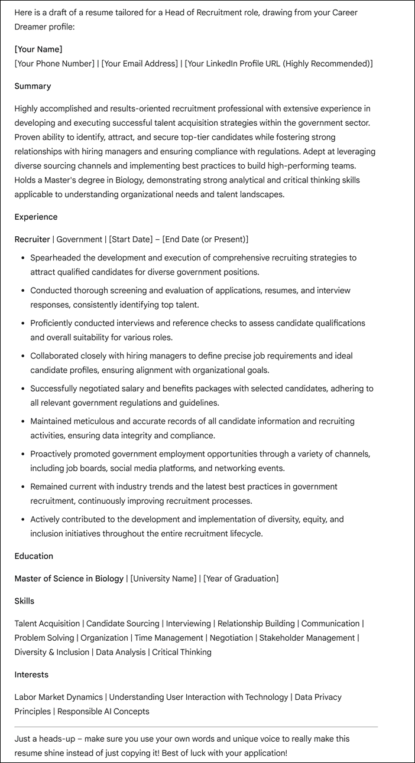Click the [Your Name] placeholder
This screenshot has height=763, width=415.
click(38, 49)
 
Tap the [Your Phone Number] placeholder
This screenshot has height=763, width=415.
click(54, 63)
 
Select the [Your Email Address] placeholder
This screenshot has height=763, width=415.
click(140, 63)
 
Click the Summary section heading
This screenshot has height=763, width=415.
click(33, 86)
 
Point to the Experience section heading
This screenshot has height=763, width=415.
click(36, 217)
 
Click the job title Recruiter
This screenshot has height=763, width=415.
click(32, 239)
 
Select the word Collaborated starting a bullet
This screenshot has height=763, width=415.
click(57, 356)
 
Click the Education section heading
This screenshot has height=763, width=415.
click(34, 556)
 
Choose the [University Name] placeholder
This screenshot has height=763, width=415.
click(163, 578)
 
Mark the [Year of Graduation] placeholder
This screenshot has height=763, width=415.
click(241, 578)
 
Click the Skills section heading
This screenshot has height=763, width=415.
click(24, 601)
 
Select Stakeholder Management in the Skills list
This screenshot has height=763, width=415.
click(307, 638)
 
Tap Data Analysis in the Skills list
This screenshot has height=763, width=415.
click(121, 652)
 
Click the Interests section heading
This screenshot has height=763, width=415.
click(31, 674)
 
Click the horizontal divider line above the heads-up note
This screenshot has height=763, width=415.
click(196, 726)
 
